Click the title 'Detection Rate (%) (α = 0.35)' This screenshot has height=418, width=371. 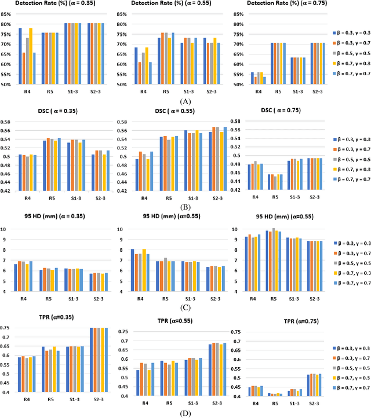point(57,4)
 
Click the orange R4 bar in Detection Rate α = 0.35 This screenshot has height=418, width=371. point(24,68)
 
